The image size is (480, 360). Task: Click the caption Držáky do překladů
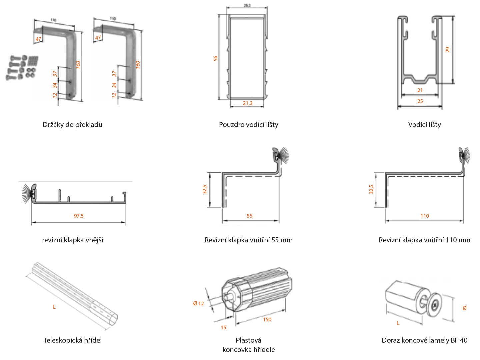[x=73, y=125]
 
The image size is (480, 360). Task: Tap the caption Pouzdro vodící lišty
[x=249, y=125]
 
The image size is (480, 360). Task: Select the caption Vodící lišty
[x=424, y=125]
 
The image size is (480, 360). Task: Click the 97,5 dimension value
[x=79, y=216]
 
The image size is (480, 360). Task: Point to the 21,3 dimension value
[x=248, y=103]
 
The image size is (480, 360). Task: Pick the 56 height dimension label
[x=216, y=58]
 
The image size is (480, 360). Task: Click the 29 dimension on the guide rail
[x=448, y=50]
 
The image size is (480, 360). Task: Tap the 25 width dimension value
[x=420, y=101]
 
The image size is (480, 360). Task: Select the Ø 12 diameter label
[x=198, y=304]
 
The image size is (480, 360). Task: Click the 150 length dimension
[x=267, y=320]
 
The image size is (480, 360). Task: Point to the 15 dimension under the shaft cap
[x=223, y=328]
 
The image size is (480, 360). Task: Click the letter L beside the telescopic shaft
[x=54, y=307]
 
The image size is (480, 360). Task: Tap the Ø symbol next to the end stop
[x=464, y=308]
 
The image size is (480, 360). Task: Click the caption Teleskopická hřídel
[x=73, y=340]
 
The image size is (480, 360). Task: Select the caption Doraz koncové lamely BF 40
[x=424, y=340]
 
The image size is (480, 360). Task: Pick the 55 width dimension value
[x=250, y=216]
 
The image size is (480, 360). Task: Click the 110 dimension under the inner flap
[x=425, y=216]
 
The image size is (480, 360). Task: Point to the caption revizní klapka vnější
[x=73, y=240]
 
